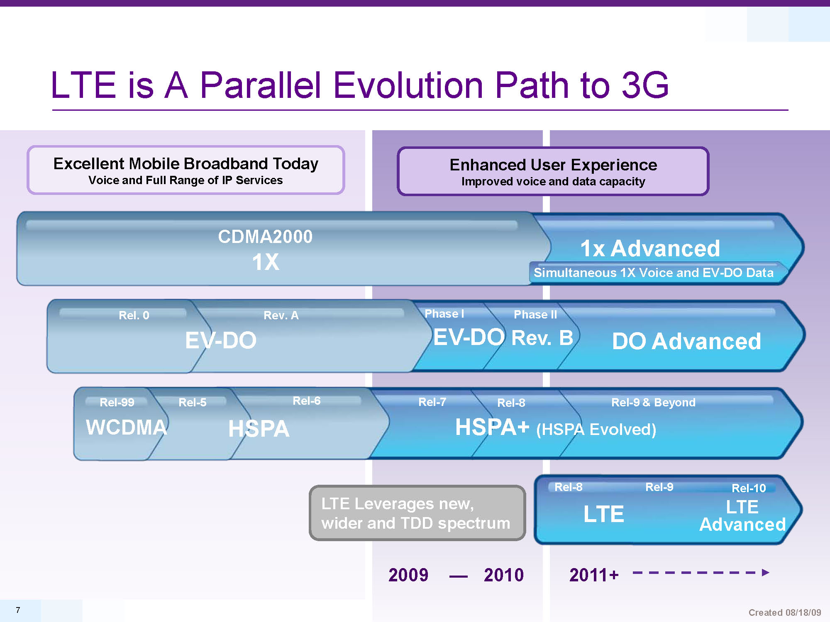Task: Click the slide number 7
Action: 18,610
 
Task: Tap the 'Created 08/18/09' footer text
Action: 784,612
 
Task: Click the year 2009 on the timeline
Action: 408,575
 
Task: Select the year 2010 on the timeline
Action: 504,575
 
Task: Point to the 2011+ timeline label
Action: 594,575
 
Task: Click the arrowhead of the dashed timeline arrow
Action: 766,573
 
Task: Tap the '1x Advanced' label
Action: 650,248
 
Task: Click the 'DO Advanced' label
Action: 686,341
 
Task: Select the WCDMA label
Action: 127,427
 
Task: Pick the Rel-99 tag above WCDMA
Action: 117,402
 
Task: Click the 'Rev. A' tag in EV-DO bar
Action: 281,315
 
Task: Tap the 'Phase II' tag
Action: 535,314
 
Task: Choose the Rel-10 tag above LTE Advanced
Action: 749,488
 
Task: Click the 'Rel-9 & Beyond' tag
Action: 653,402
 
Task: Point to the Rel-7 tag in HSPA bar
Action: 432,402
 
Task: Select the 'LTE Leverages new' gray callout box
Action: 417,513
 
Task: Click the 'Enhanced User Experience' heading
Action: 553,165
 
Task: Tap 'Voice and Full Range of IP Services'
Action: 186,180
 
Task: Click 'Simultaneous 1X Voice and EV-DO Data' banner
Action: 654,272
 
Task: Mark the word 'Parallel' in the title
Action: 261,85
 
